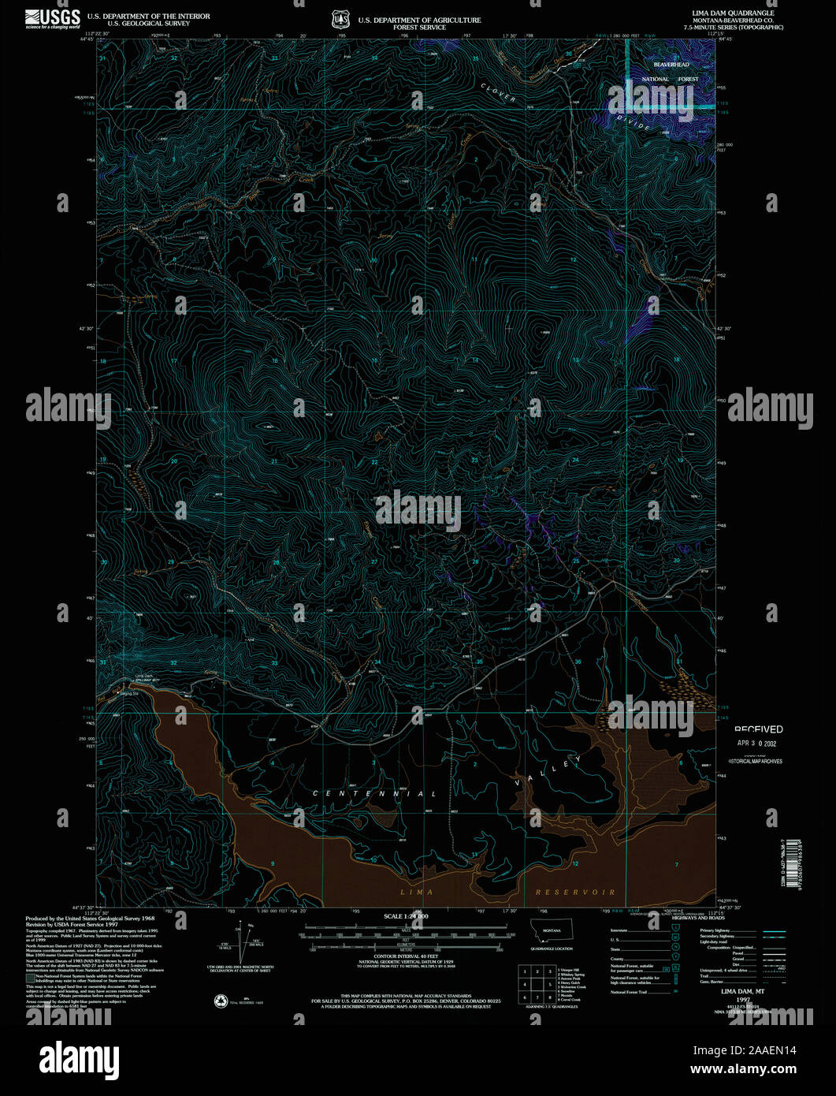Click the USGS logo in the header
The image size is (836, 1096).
(x=53, y=18)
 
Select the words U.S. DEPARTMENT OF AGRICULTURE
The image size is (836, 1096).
(x=419, y=21)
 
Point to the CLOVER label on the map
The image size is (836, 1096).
(x=499, y=93)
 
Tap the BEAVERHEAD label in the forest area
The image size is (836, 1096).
(x=671, y=65)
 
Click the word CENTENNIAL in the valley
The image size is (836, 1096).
(x=375, y=793)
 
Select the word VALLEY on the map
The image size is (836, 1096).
(x=548, y=772)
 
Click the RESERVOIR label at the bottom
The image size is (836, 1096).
(x=575, y=892)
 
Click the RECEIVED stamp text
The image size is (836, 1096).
(x=758, y=729)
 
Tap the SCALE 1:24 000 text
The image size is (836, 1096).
(x=406, y=917)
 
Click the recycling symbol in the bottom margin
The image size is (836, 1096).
(x=221, y=1001)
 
